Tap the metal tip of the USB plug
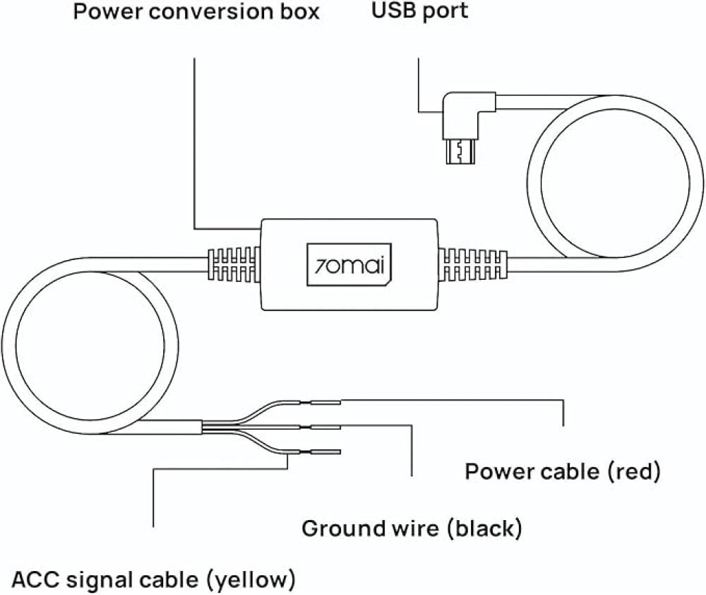click(x=460, y=151)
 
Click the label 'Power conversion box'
click(x=197, y=13)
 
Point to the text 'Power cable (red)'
click(x=562, y=471)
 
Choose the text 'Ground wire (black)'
click(x=412, y=528)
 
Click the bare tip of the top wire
click(x=325, y=403)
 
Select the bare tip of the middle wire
click(x=325, y=427)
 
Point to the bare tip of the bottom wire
click(x=325, y=452)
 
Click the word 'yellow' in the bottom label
click(x=253, y=580)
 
